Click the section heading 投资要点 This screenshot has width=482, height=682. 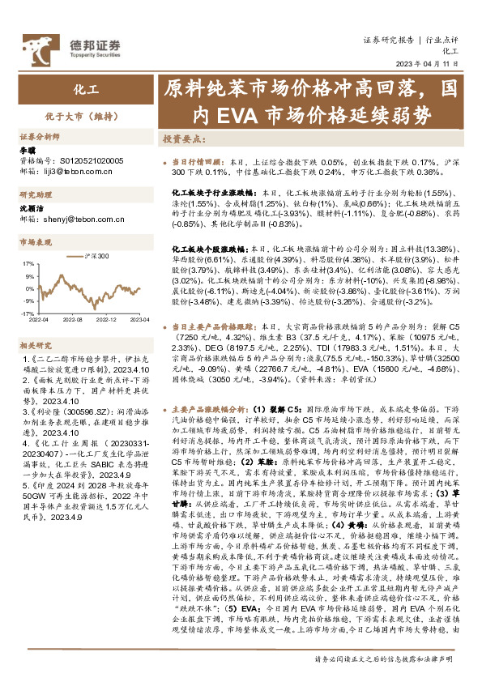(x=182, y=139)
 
